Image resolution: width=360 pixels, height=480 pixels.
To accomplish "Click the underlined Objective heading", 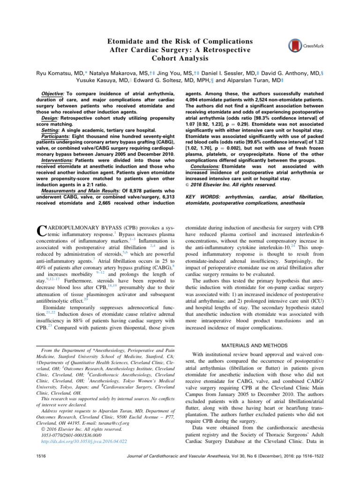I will coord(52,94).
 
